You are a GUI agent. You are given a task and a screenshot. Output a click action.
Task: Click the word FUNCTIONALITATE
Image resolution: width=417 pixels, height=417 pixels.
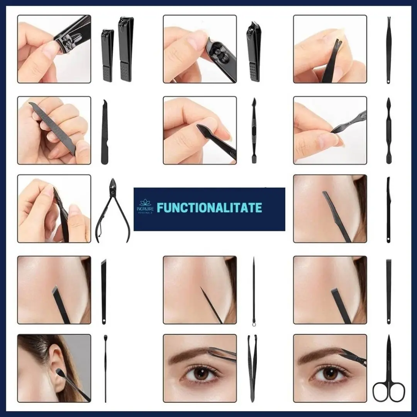click(209, 207)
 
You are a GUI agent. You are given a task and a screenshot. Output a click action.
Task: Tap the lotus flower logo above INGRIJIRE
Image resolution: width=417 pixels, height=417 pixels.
click(145, 203)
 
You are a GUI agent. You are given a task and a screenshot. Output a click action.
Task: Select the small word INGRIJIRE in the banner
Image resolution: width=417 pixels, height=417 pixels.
click(145, 209)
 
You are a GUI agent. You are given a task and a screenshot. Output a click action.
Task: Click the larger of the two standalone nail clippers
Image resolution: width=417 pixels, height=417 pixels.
click(126, 49)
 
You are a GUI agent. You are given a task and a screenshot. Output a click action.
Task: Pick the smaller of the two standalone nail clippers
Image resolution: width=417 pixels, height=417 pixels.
click(107, 55)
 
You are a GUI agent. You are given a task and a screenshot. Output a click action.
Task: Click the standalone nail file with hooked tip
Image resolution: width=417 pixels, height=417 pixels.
click(105, 132)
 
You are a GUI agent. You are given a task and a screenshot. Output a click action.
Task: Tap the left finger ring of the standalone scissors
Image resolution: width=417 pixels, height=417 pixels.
click(381, 392)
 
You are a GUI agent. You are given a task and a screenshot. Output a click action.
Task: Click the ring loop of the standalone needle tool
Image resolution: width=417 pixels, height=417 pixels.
click(254, 324)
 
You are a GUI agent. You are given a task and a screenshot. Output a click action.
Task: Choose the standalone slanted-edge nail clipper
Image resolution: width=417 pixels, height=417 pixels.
click(254, 52)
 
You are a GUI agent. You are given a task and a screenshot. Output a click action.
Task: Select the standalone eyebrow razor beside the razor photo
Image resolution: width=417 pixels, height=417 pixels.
click(388, 210)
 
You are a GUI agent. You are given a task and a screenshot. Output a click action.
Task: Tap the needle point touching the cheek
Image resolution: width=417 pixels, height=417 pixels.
click(200, 287)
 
